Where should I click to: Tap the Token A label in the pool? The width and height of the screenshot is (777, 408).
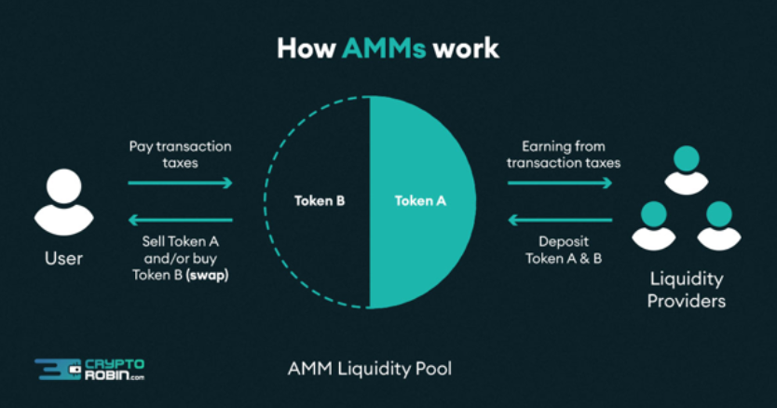(x=421, y=200)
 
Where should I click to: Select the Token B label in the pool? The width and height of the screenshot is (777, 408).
(x=320, y=200)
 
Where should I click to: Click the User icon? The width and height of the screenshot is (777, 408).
(x=63, y=202)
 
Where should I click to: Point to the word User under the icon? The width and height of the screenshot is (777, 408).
(x=63, y=258)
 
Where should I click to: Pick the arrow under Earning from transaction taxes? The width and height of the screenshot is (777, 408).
(x=560, y=183)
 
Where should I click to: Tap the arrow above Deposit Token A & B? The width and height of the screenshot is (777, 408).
(x=560, y=220)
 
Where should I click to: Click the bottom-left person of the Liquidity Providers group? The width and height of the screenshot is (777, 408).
(x=653, y=224)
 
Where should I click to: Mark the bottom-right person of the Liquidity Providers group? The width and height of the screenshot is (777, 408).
(x=719, y=224)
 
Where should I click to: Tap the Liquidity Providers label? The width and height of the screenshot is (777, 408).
(x=688, y=290)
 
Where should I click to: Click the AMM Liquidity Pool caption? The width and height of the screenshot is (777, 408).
(x=370, y=369)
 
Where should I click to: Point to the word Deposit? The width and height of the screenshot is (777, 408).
(x=564, y=241)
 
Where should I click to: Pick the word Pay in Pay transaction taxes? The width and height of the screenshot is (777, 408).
(x=141, y=146)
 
